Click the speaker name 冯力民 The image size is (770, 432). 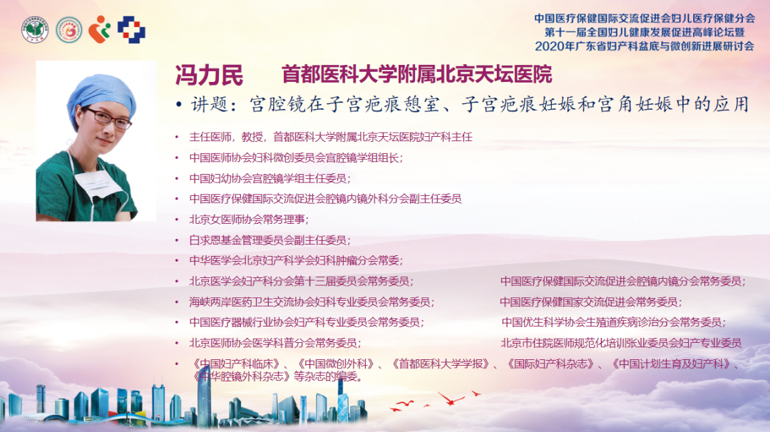click(x=209, y=75)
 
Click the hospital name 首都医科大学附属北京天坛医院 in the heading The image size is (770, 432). click(x=417, y=75)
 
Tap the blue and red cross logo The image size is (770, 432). click(x=131, y=29)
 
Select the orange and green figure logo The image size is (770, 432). click(x=99, y=29)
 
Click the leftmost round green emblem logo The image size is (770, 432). click(x=35, y=29)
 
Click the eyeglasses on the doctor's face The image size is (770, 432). click(x=108, y=118)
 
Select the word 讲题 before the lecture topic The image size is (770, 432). click(x=209, y=105)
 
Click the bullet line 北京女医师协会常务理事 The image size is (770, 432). click(x=249, y=220)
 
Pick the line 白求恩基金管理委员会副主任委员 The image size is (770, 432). click(x=270, y=240)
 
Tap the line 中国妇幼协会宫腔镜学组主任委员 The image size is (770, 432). click(x=270, y=178)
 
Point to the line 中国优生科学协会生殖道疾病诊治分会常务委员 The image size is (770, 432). click(x=613, y=322)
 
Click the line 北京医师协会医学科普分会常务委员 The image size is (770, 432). click(x=275, y=343)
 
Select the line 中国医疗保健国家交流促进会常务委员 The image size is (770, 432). click(x=591, y=302)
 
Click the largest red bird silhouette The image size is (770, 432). click(x=451, y=398)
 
